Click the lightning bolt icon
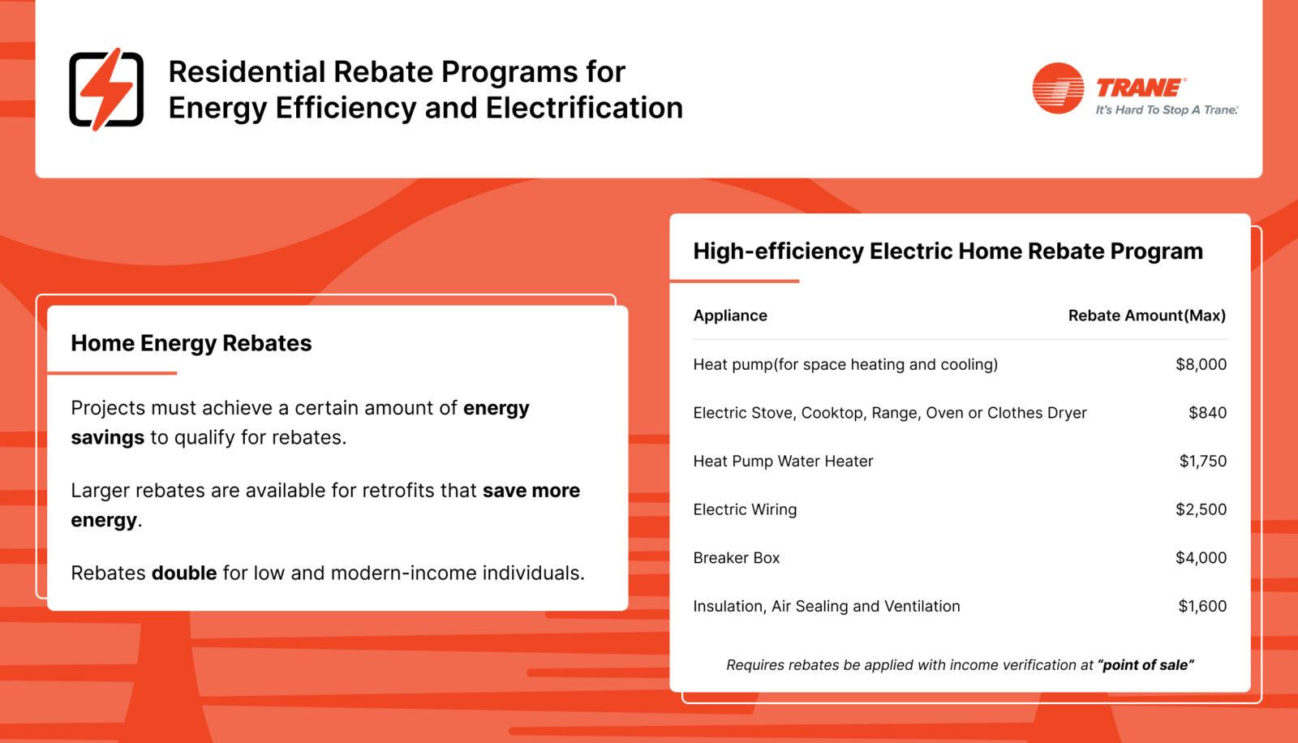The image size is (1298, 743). pos(106,89)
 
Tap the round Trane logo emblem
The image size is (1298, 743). pos(1058,88)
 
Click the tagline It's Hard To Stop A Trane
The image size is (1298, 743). pos(1167,110)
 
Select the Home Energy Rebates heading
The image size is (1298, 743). pos(191,343)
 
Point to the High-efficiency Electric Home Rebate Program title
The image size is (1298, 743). pos(948,251)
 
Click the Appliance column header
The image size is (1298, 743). pos(730,316)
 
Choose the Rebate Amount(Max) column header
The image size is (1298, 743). pos(1146,316)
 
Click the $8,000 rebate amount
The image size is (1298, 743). pos(1201,364)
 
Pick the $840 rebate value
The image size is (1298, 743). pos(1207,413)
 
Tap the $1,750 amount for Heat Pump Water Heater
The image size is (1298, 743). pos(1202,461)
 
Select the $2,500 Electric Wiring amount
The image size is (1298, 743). pos(1201,509)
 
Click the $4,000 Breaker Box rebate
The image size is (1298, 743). pos(1201,557)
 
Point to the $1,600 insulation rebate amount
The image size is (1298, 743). pos(1202,606)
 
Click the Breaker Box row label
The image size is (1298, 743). pos(736,558)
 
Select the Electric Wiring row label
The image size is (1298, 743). pos(745,509)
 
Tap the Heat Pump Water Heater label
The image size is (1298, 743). pos(783,461)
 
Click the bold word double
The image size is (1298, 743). pos(184,573)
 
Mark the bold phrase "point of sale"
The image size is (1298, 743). pos(1145,665)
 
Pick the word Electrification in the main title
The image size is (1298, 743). pos(584,108)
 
